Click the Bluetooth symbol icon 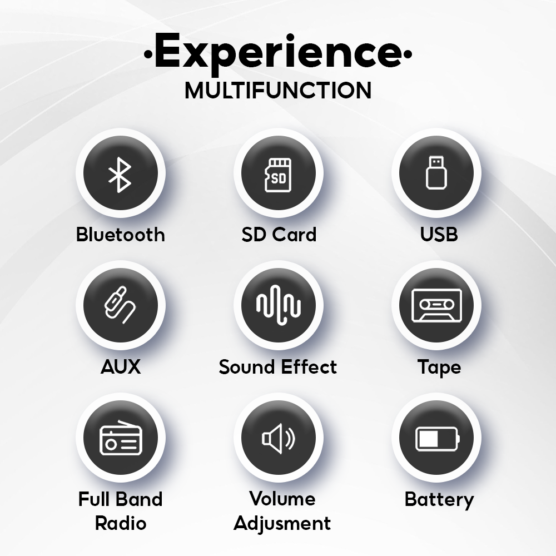[x=120, y=175]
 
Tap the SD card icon [x=278, y=175]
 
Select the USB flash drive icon [x=436, y=173]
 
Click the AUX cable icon [x=120, y=305]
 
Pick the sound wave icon [x=279, y=305]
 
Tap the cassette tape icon [x=436, y=305]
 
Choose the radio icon [x=121, y=438]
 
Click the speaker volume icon [x=279, y=438]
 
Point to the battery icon [x=437, y=439]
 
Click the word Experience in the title [x=278, y=53]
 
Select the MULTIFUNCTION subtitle [x=278, y=91]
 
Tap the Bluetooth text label [x=121, y=235]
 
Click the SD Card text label [x=279, y=235]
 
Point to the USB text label [x=439, y=235]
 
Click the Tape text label [x=439, y=368]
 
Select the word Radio [x=121, y=523]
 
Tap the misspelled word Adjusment [x=282, y=524]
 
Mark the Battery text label [x=439, y=500]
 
